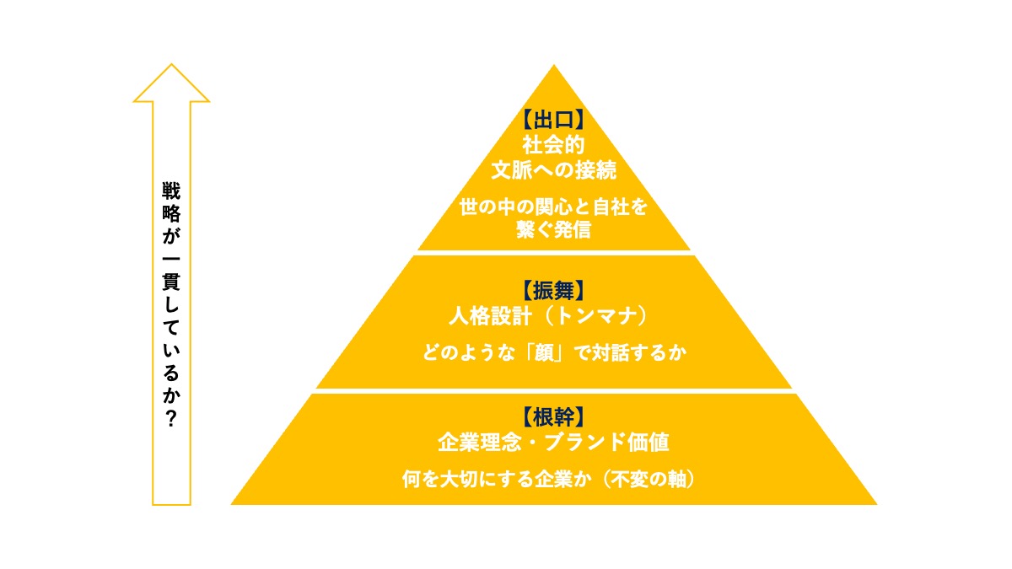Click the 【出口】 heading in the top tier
click(553, 120)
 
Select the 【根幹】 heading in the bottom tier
click(553, 416)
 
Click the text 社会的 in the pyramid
click(553, 145)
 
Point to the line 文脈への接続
click(553, 170)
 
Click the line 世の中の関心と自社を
click(553, 207)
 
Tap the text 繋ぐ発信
click(553, 229)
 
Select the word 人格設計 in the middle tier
click(490, 315)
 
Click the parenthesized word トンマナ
click(596, 315)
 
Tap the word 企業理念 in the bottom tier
click(479, 442)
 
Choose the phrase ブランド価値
click(606, 442)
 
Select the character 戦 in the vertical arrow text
click(171, 191)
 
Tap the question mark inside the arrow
click(171, 419)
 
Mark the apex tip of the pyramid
click(554, 66)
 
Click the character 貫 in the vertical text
click(171, 282)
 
